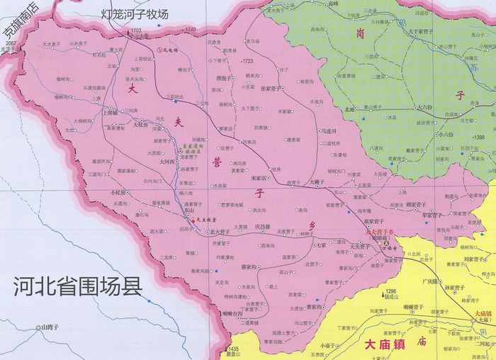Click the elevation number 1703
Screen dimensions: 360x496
point(136,30)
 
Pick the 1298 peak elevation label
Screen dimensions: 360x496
point(390,291)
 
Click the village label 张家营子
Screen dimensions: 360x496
point(273,89)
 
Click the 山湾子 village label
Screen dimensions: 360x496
point(51,327)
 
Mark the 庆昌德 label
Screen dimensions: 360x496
point(262,227)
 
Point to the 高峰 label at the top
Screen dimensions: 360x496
point(333,4)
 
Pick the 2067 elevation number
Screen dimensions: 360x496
point(9,43)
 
